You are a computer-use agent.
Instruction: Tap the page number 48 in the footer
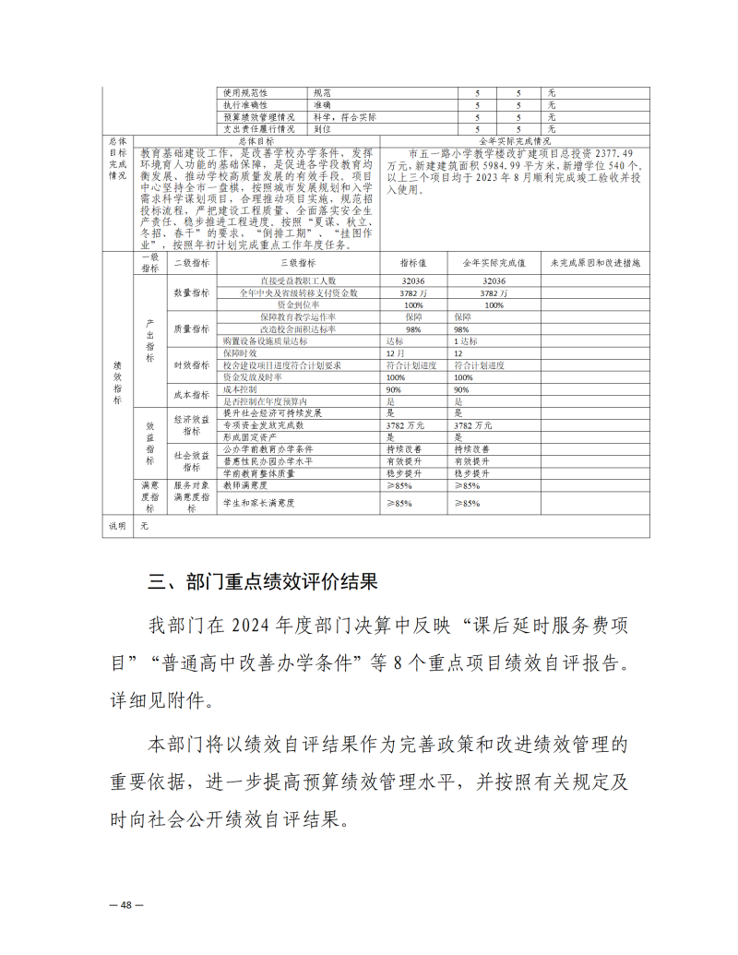pyautogui.click(x=126, y=905)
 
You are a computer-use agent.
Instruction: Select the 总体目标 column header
pyautogui.click(x=256, y=141)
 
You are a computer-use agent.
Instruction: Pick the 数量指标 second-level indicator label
pyautogui.click(x=192, y=292)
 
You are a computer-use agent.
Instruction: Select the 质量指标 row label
pyautogui.click(x=192, y=328)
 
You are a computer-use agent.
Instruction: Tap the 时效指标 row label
pyautogui.click(x=192, y=365)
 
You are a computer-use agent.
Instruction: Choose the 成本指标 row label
pyautogui.click(x=192, y=396)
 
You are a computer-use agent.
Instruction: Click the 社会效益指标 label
pyautogui.click(x=192, y=460)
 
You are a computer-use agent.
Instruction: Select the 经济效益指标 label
pyautogui.click(x=192, y=425)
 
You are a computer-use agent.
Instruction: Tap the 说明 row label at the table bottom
pyautogui.click(x=118, y=525)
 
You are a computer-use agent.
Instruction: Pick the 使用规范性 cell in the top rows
pyautogui.click(x=245, y=93)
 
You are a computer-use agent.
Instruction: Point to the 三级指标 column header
pyautogui.click(x=299, y=263)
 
